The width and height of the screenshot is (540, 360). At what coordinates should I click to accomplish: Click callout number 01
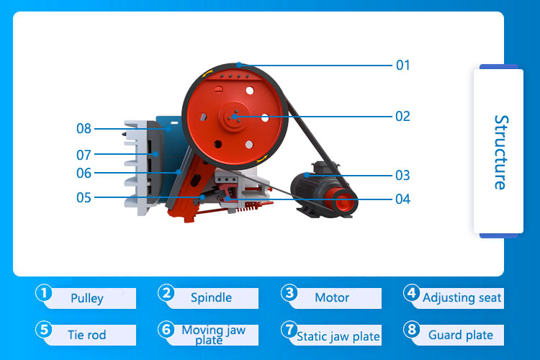click(402, 66)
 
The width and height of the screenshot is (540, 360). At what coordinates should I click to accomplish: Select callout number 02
click(402, 116)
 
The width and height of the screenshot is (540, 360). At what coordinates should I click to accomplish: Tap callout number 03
click(402, 175)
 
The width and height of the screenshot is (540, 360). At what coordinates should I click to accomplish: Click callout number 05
click(84, 197)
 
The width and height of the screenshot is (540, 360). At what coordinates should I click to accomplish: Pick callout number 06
click(84, 174)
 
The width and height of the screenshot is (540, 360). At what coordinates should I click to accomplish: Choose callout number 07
click(84, 154)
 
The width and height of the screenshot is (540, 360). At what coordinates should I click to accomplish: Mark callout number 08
click(84, 129)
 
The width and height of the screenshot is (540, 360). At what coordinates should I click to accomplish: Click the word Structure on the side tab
click(500, 152)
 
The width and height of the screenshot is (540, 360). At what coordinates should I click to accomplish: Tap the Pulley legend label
click(87, 298)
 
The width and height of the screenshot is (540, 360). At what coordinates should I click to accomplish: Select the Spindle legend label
click(211, 297)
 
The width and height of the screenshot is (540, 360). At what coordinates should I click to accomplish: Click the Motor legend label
click(332, 297)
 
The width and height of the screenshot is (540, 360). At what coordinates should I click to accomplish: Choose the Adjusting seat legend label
click(462, 297)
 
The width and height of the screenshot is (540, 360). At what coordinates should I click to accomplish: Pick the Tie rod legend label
click(86, 335)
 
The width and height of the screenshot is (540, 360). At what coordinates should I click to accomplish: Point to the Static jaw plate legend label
click(338, 336)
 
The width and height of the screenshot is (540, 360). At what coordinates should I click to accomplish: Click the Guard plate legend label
click(461, 335)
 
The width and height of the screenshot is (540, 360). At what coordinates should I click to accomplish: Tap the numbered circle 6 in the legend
click(167, 330)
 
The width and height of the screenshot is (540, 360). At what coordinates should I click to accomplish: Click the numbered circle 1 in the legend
click(45, 293)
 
